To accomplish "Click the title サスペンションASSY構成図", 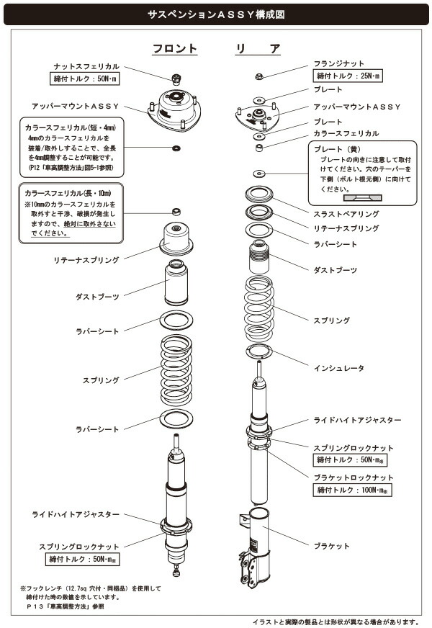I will pyautogui.click(x=215, y=14).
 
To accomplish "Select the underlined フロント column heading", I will pyautogui.click(x=174, y=49).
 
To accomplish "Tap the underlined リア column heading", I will pyautogui.click(x=258, y=49).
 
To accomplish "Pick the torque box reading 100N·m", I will pyautogui.click(x=350, y=490).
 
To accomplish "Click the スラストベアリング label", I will pyautogui.click(x=346, y=214).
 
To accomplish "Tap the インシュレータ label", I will pyautogui.click(x=338, y=367).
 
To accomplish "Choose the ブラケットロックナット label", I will pyautogui.click(x=354, y=477).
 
